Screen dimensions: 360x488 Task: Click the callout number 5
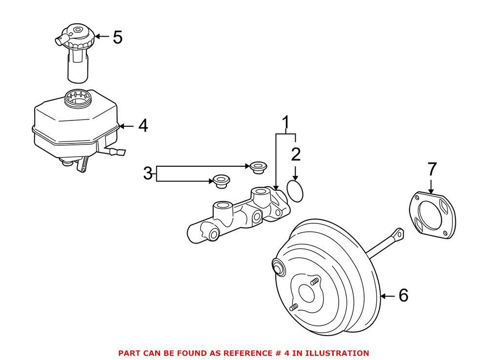point(118,37)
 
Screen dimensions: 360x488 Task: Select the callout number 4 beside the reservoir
point(142,126)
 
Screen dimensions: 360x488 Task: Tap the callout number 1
point(286,122)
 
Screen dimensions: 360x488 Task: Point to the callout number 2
point(296,155)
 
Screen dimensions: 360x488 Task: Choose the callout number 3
point(148,173)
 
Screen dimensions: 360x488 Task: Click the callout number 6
point(403,295)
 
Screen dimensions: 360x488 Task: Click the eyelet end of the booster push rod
point(399,234)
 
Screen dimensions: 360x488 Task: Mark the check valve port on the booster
point(279,267)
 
